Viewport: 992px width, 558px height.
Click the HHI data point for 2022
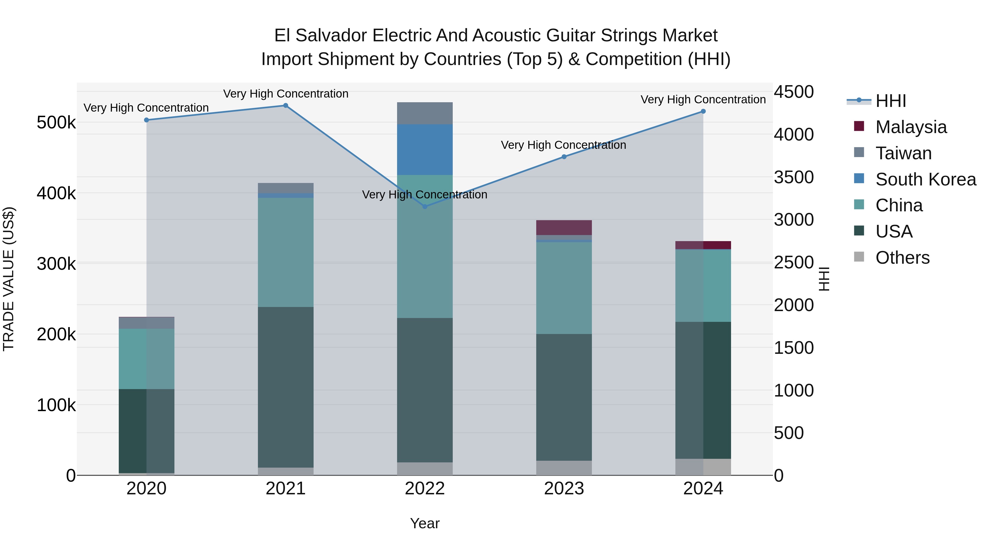click(425, 206)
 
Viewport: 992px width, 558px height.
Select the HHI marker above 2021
click(286, 106)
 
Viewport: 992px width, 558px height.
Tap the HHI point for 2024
click(703, 111)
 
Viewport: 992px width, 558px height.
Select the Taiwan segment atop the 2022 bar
click(425, 113)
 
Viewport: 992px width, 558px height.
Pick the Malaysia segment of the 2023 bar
click(564, 228)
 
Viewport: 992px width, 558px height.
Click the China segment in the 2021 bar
click(286, 252)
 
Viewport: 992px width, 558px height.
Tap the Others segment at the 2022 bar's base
click(425, 469)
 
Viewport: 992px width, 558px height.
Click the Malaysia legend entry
click(910, 127)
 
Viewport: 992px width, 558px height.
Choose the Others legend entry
click(902, 258)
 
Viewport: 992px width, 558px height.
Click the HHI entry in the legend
click(890, 101)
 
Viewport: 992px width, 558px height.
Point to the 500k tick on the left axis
click(56, 123)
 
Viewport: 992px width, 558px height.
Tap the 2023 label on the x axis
click(564, 489)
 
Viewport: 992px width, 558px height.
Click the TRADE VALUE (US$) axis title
click(9, 279)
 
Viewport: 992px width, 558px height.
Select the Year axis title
click(425, 523)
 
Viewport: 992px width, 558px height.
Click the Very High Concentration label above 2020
click(146, 108)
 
